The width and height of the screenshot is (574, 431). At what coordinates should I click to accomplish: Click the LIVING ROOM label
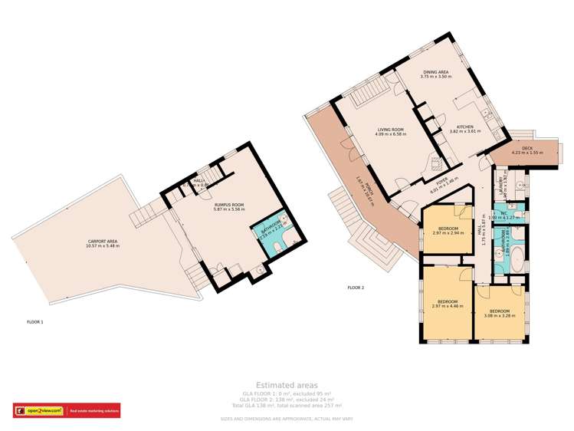(391, 130)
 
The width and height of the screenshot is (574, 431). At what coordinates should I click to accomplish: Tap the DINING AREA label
(435, 72)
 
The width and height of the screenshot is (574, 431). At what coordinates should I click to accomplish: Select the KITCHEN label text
(465, 127)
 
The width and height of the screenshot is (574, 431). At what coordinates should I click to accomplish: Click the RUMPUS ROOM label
(229, 205)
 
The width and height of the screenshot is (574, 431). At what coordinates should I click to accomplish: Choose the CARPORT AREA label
(101, 242)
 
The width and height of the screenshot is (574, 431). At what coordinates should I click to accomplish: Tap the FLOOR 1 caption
(35, 321)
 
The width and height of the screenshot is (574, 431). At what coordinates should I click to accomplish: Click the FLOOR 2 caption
(356, 288)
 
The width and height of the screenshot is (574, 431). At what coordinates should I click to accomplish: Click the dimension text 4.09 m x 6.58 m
(391, 134)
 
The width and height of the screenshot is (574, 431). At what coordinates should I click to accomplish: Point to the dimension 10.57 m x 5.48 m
(101, 246)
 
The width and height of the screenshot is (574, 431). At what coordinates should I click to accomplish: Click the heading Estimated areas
(287, 385)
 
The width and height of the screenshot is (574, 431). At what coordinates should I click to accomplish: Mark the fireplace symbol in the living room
(438, 163)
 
